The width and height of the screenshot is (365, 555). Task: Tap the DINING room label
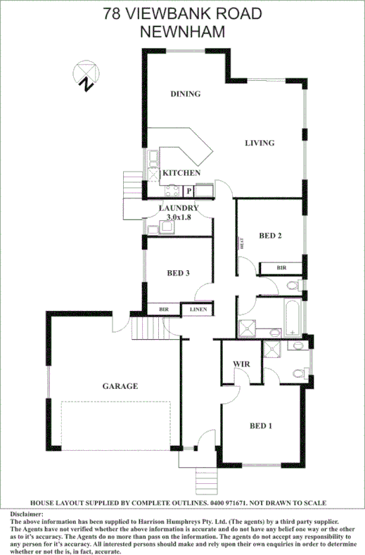pos(186,94)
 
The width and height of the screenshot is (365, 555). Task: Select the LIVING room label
pos(259,143)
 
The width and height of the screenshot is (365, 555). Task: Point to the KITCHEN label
pos(181,173)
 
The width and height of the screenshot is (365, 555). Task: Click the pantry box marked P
pos(188,190)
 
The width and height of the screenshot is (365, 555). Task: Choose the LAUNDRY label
pos(179,208)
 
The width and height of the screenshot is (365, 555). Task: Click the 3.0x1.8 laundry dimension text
pos(179,217)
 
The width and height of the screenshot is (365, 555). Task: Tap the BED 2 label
pos(270,236)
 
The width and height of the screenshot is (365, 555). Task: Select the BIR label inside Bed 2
pos(281,268)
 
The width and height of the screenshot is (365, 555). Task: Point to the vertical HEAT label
pos(241,244)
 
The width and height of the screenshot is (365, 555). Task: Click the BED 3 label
pos(178,273)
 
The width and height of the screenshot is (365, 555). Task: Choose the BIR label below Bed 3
pos(163,309)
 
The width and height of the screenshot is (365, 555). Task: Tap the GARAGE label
pos(121,386)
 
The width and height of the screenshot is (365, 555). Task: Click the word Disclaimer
pos(27,514)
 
